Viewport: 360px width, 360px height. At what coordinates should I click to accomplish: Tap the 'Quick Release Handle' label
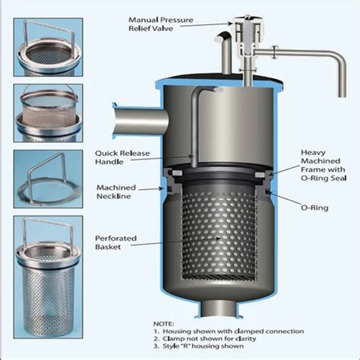pos(124,156)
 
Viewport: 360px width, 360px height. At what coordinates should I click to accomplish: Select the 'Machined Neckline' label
pos(122,191)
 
